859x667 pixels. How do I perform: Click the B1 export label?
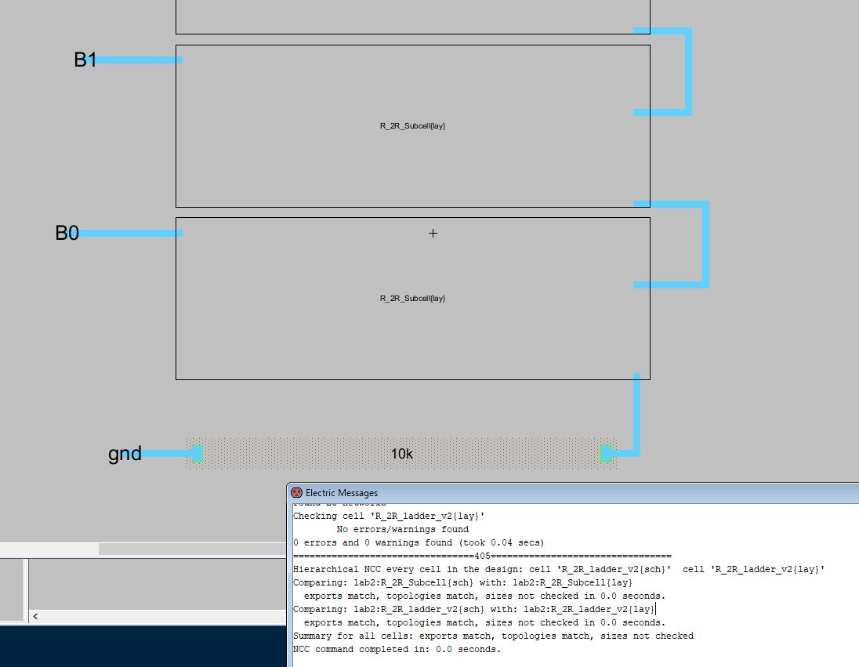click(85, 60)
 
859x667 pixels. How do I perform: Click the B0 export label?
click(67, 233)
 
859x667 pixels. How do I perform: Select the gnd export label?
click(125, 453)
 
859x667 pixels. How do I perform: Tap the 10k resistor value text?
click(401, 454)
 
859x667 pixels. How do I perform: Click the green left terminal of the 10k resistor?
click(197, 453)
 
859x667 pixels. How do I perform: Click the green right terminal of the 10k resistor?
click(607, 453)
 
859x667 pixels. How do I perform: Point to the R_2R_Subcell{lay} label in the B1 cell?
click(412, 125)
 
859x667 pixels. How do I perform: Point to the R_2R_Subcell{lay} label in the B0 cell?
click(412, 298)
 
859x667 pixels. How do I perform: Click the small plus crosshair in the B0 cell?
click(433, 233)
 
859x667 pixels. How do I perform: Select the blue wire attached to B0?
click(130, 233)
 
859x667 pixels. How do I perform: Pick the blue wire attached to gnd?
click(166, 453)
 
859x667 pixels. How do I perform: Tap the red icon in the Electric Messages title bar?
click(297, 493)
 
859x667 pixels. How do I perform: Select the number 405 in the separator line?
click(482, 555)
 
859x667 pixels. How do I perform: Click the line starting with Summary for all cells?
click(493, 636)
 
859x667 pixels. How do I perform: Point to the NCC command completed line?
click(397, 649)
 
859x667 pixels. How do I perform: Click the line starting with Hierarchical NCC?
click(559, 568)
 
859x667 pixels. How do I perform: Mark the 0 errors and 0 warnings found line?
click(419, 542)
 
